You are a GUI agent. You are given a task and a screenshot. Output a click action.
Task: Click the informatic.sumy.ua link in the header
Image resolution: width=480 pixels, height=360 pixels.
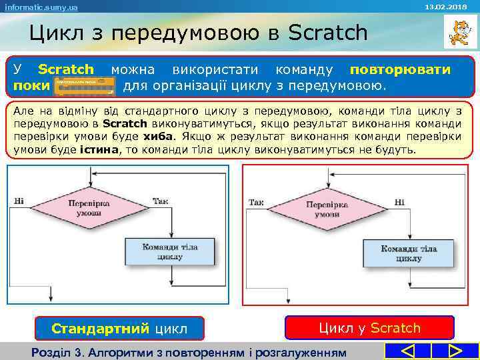(41, 7)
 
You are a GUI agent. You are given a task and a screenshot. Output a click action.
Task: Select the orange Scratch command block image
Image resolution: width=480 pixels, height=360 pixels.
(85, 85)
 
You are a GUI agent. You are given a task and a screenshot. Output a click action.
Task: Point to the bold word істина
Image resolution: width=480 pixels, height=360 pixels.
(99, 150)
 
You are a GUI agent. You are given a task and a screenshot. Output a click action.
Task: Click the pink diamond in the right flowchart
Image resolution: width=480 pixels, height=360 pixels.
(322, 209)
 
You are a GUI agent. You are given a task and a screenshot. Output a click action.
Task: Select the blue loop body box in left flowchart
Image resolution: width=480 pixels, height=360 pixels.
(169, 251)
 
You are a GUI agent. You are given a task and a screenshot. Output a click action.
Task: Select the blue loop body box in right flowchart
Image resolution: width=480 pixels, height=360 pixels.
(408, 253)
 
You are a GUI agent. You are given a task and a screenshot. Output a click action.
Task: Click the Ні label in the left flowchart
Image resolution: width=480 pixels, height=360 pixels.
(19, 201)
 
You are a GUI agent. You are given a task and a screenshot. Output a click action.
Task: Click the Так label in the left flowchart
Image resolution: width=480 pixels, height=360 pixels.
(160, 201)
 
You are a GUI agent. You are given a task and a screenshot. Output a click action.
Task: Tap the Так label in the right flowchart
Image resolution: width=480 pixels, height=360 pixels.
(256, 201)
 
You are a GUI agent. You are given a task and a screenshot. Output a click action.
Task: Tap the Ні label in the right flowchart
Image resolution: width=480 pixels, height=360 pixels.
(399, 201)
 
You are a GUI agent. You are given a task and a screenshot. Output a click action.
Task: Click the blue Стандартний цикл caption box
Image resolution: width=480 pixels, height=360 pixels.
(119, 328)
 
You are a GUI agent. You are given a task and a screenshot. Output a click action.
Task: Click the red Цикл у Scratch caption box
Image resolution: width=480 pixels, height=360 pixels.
(369, 328)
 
